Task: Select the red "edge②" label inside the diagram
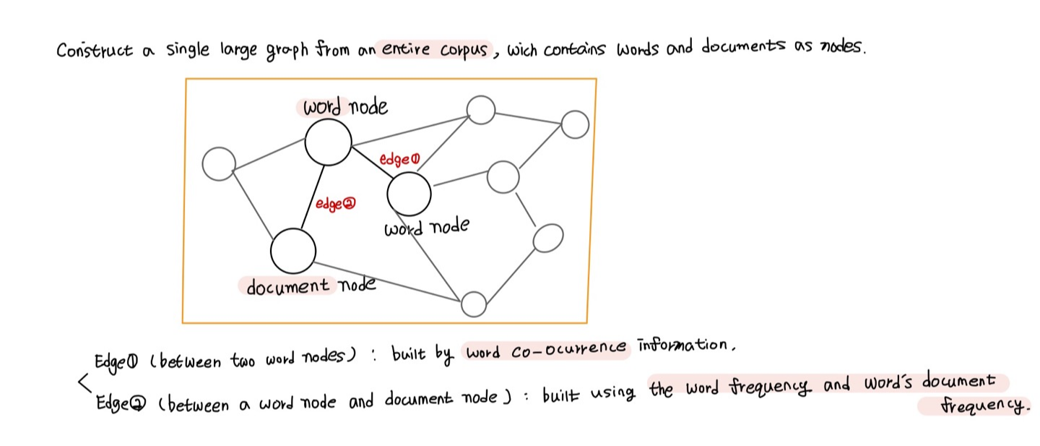[x=337, y=205]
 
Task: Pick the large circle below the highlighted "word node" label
[x=328, y=142]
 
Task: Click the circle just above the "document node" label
[x=293, y=251]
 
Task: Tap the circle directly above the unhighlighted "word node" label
[x=409, y=194]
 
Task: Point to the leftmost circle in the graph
[x=219, y=164]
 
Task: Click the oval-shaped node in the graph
[x=548, y=238]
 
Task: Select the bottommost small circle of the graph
[x=474, y=304]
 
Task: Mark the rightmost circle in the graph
[x=575, y=124]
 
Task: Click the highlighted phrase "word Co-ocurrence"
[x=546, y=350]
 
